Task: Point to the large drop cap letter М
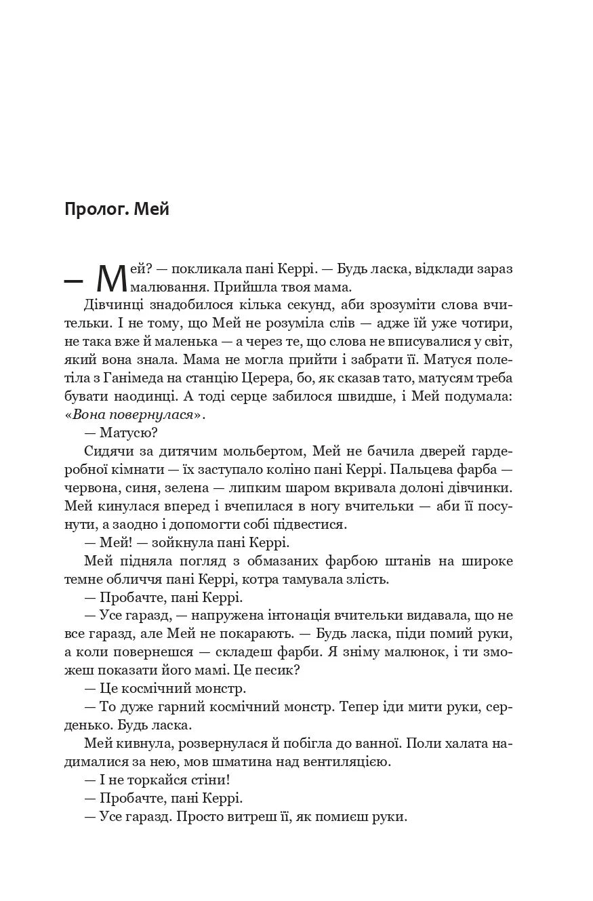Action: (x=112, y=277)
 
